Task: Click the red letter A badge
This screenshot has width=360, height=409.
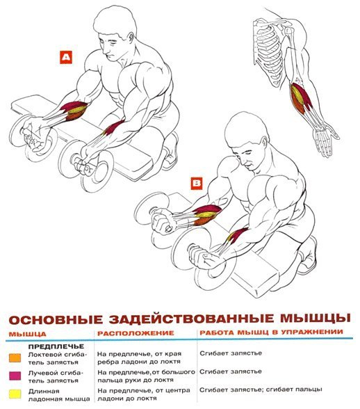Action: [66, 57]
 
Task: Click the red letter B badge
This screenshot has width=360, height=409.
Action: [197, 183]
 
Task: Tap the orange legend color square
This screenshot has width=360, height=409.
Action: [15, 358]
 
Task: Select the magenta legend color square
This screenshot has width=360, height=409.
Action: [15, 376]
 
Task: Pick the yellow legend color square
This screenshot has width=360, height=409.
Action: [15, 394]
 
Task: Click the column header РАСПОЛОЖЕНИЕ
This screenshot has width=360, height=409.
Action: [136, 333]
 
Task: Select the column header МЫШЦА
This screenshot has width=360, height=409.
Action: [27, 334]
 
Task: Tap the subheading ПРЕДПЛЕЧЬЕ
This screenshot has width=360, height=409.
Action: [56, 346]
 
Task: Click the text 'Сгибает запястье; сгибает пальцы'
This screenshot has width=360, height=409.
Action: [261, 390]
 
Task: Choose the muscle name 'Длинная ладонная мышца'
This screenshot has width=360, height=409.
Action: [59, 395]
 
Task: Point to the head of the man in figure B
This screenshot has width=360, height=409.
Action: [245, 141]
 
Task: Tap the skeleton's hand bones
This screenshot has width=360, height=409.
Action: [325, 140]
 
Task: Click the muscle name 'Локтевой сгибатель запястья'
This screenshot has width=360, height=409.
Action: [58, 358]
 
